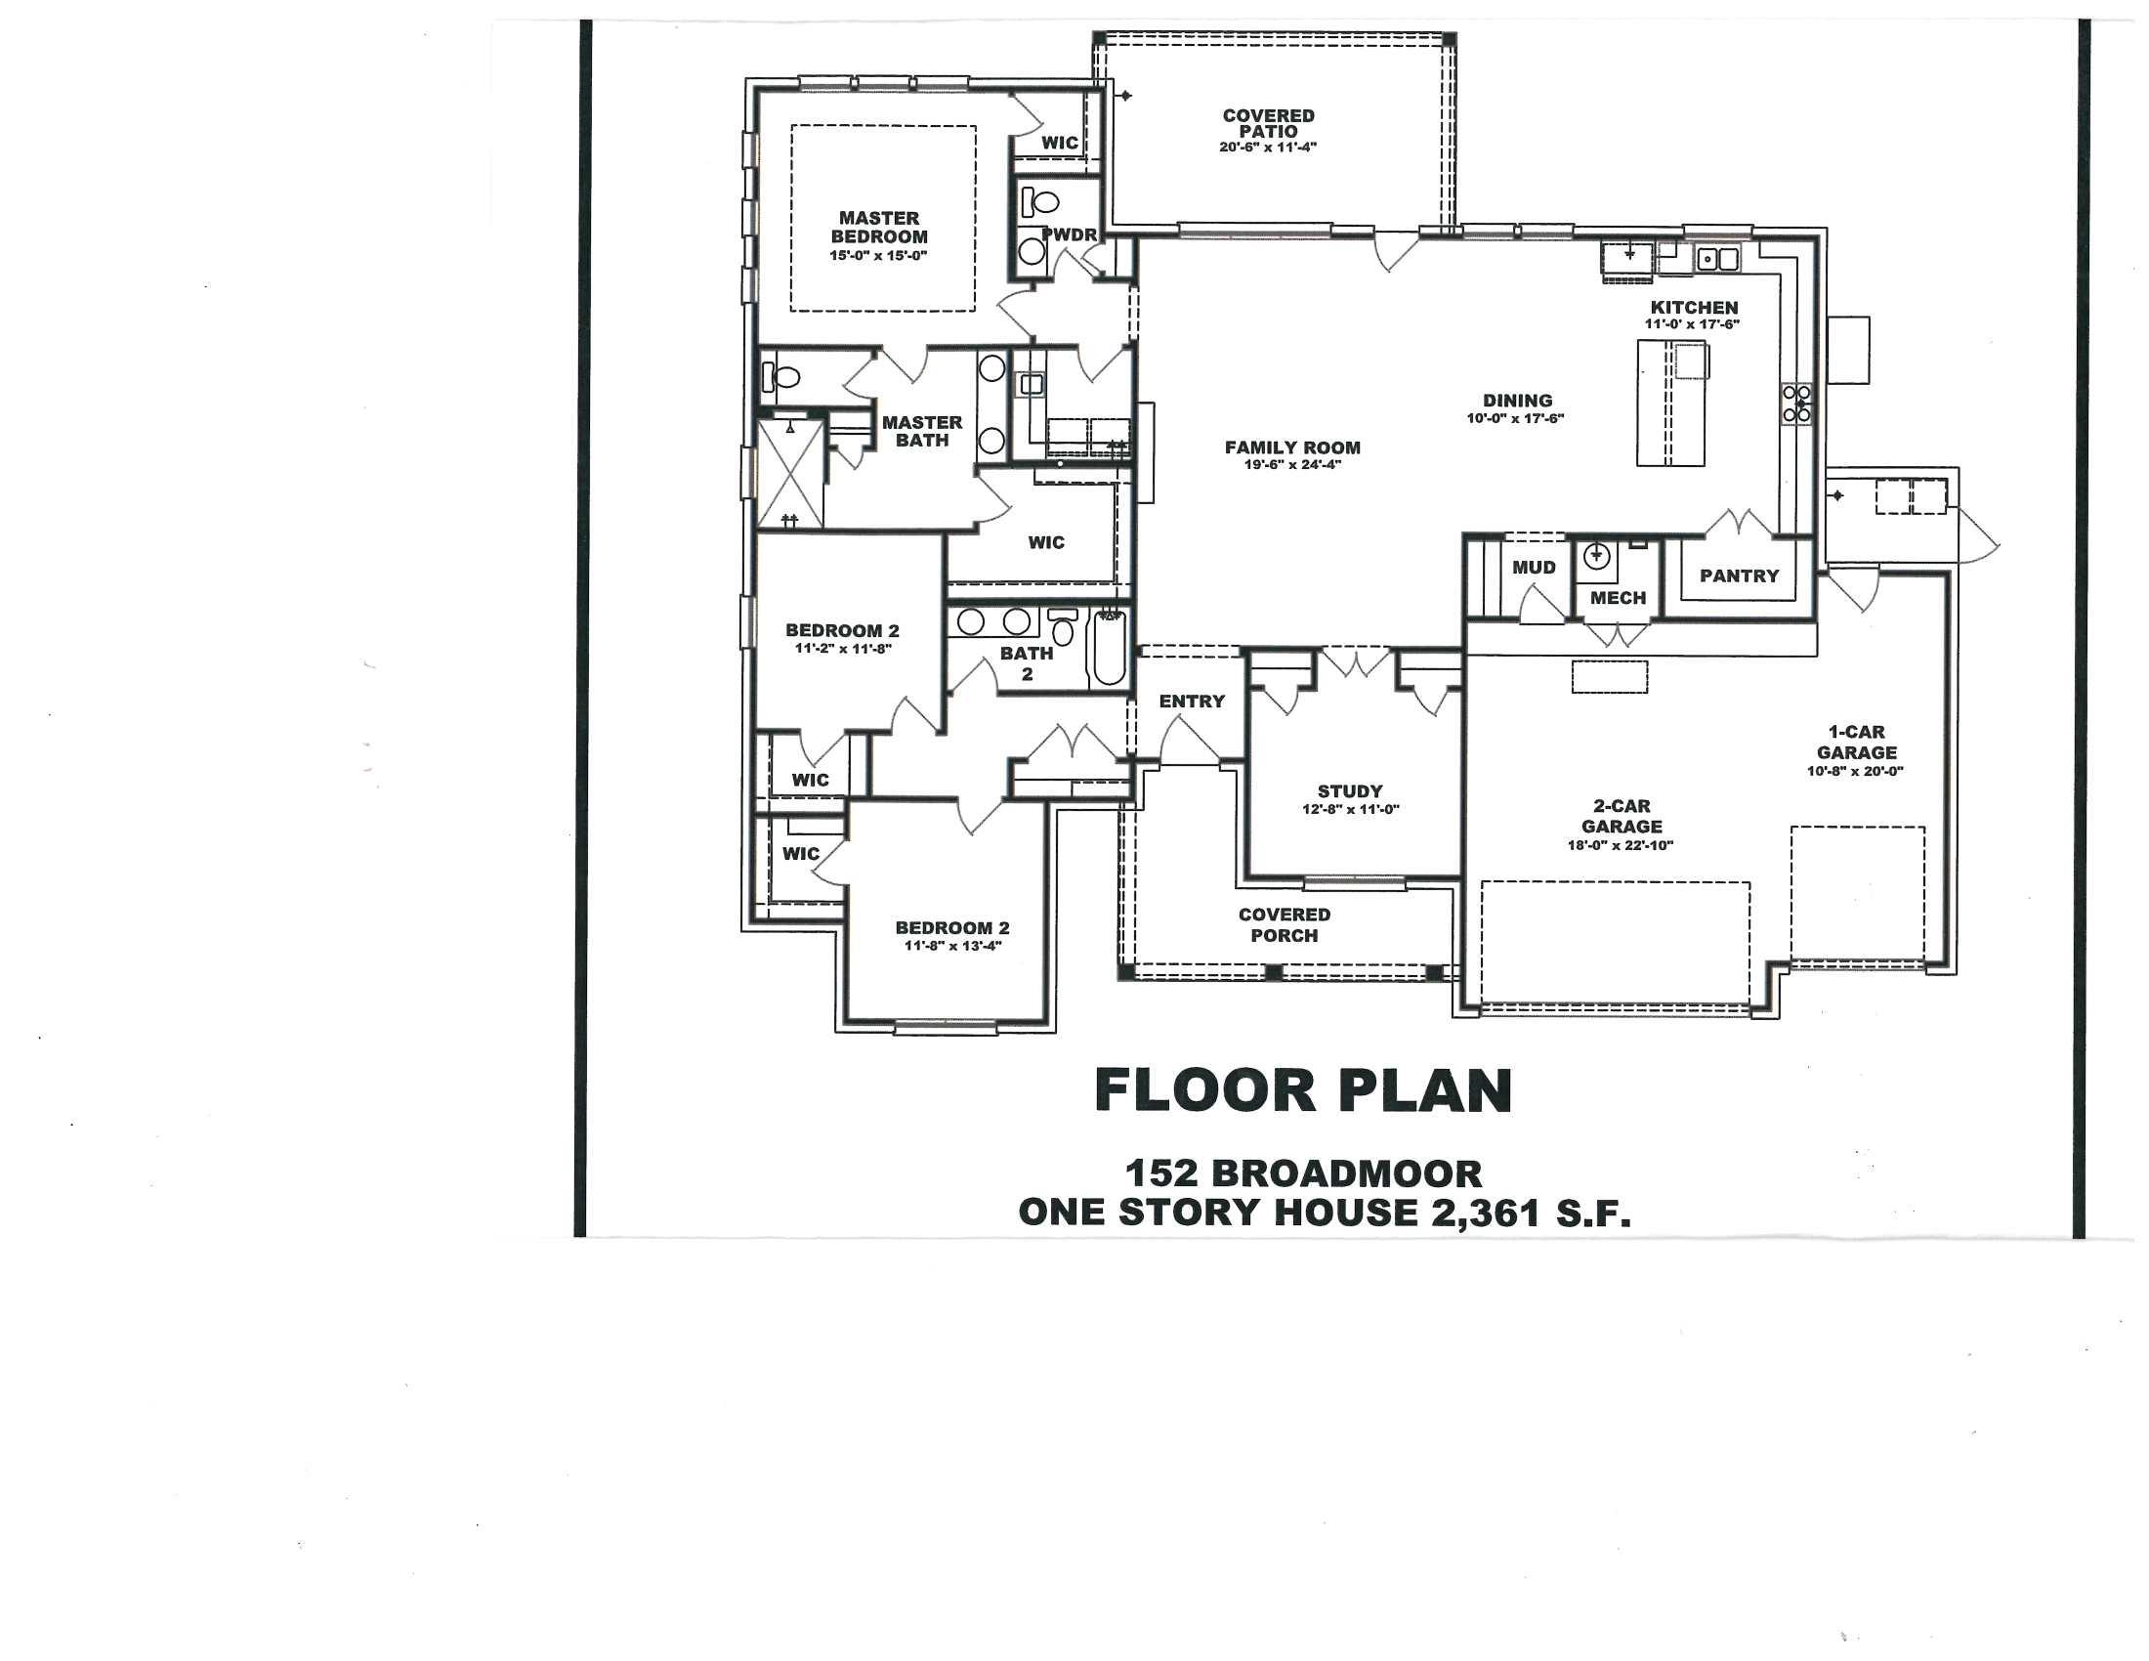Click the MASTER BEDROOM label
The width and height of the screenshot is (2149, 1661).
(879, 228)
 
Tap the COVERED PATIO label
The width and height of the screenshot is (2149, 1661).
(1268, 123)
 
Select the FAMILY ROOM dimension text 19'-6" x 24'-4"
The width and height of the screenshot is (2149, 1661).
(1292, 464)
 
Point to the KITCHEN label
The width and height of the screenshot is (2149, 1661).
(1695, 307)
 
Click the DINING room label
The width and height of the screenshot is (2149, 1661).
(1517, 401)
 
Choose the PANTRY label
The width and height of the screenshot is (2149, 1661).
(1739, 575)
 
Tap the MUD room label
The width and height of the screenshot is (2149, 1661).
(1534, 568)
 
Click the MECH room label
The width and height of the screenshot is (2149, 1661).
(1618, 597)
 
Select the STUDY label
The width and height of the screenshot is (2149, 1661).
(1350, 791)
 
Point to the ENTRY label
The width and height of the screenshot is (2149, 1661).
(1192, 702)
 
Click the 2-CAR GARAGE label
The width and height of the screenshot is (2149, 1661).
(1622, 817)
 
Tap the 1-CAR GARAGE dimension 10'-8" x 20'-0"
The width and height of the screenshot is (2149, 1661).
(1855, 772)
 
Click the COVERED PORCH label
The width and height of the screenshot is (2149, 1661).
(1285, 925)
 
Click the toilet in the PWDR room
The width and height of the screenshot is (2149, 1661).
(1039, 202)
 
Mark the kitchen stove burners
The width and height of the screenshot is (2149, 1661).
(1796, 404)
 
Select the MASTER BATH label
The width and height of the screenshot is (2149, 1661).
(922, 431)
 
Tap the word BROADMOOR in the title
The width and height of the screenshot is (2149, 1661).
(1346, 1172)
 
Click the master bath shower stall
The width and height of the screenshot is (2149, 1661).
(790, 473)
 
